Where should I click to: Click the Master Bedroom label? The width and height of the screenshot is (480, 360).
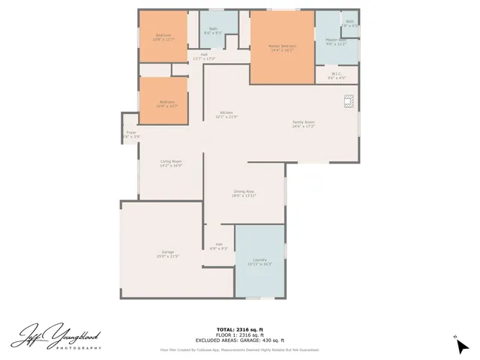click(x=282, y=46)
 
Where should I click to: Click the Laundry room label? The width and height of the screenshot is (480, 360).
click(x=259, y=261)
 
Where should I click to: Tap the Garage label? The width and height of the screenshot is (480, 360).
click(x=167, y=253)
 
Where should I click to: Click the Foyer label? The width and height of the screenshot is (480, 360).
click(x=131, y=134)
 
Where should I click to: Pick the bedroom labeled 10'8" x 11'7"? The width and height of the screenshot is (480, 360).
click(x=163, y=37)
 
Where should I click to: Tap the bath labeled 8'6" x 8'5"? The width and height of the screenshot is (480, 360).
click(x=214, y=31)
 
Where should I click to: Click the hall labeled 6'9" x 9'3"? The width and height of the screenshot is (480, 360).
click(x=219, y=245)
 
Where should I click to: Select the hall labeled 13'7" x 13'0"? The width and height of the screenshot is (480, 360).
click(x=203, y=56)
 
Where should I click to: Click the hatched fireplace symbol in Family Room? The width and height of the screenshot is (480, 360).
click(x=349, y=101)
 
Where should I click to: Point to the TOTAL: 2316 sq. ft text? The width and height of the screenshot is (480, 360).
click(x=239, y=329)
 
